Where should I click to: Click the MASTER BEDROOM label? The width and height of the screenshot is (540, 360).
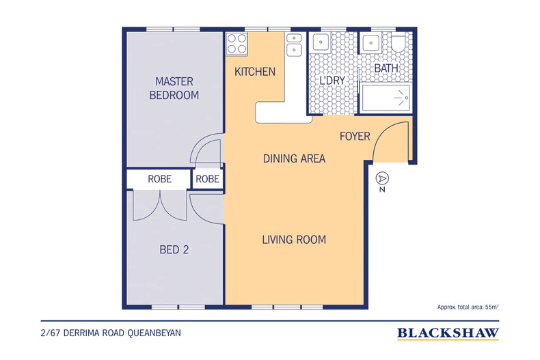click(174, 88)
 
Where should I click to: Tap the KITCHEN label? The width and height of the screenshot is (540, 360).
click(255, 72)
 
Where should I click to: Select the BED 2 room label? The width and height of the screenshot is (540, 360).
click(174, 249)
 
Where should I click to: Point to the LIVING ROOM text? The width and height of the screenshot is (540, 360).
click(294, 240)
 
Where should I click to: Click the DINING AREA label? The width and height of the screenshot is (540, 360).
click(294, 158)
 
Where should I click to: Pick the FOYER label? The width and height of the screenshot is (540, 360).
click(355, 137)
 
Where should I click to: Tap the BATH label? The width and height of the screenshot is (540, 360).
click(386, 68)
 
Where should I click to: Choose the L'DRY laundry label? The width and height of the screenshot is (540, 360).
click(332, 81)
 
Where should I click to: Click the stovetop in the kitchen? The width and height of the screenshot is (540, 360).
click(237, 44)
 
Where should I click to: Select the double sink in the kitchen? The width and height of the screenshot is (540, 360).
click(295, 44)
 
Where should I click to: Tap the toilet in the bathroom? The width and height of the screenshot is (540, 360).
click(399, 42)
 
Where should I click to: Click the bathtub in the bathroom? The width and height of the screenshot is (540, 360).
click(386, 98)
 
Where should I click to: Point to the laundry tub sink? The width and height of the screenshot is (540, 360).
click(321, 42)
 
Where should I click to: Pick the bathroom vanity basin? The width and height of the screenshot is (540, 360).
click(370, 42)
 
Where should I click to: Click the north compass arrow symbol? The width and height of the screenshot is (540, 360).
click(382, 178)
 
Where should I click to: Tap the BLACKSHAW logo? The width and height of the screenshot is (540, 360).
click(448, 333)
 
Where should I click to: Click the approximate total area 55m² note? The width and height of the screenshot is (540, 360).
click(468, 307)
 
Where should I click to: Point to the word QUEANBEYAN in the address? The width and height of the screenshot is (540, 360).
click(154, 333)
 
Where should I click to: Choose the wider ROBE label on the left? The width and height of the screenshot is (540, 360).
click(159, 179)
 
